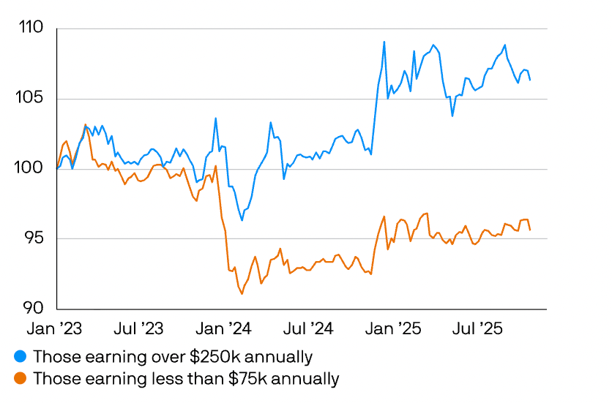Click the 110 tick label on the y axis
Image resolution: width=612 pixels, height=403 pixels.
[x=31, y=29]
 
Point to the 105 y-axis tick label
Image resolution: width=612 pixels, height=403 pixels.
[x=31, y=99]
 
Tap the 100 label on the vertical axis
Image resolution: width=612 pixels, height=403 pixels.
[x=31, y=169]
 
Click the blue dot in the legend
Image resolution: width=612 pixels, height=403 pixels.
[x=20, y=357]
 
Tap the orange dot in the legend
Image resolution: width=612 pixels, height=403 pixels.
[x=20, y=379]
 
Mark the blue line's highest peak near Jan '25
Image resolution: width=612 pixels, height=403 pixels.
[x=384, y=42]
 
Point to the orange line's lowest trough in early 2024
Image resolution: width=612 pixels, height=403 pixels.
[x=242, y=294]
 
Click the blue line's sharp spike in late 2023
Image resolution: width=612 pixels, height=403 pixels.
[x=215, y=118]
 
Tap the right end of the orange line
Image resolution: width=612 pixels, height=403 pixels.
[x=530, y=230]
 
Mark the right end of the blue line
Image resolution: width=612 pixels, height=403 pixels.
[x=530, y=80]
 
